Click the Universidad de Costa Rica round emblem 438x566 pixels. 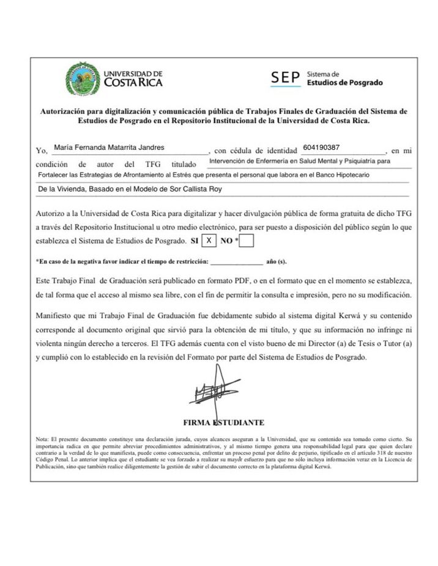click(83, 79)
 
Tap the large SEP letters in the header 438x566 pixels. click(286, 78)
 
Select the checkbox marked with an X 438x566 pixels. click(209, 240)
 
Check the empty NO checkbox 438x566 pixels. click(247, 241)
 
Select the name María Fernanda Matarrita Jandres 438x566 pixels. click(109, 147)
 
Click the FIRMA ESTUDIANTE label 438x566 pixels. click(224, 423)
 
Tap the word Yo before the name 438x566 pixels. click(41, 151)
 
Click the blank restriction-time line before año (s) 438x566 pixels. click(236, 262)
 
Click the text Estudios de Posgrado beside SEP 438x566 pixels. click(344, 83)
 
